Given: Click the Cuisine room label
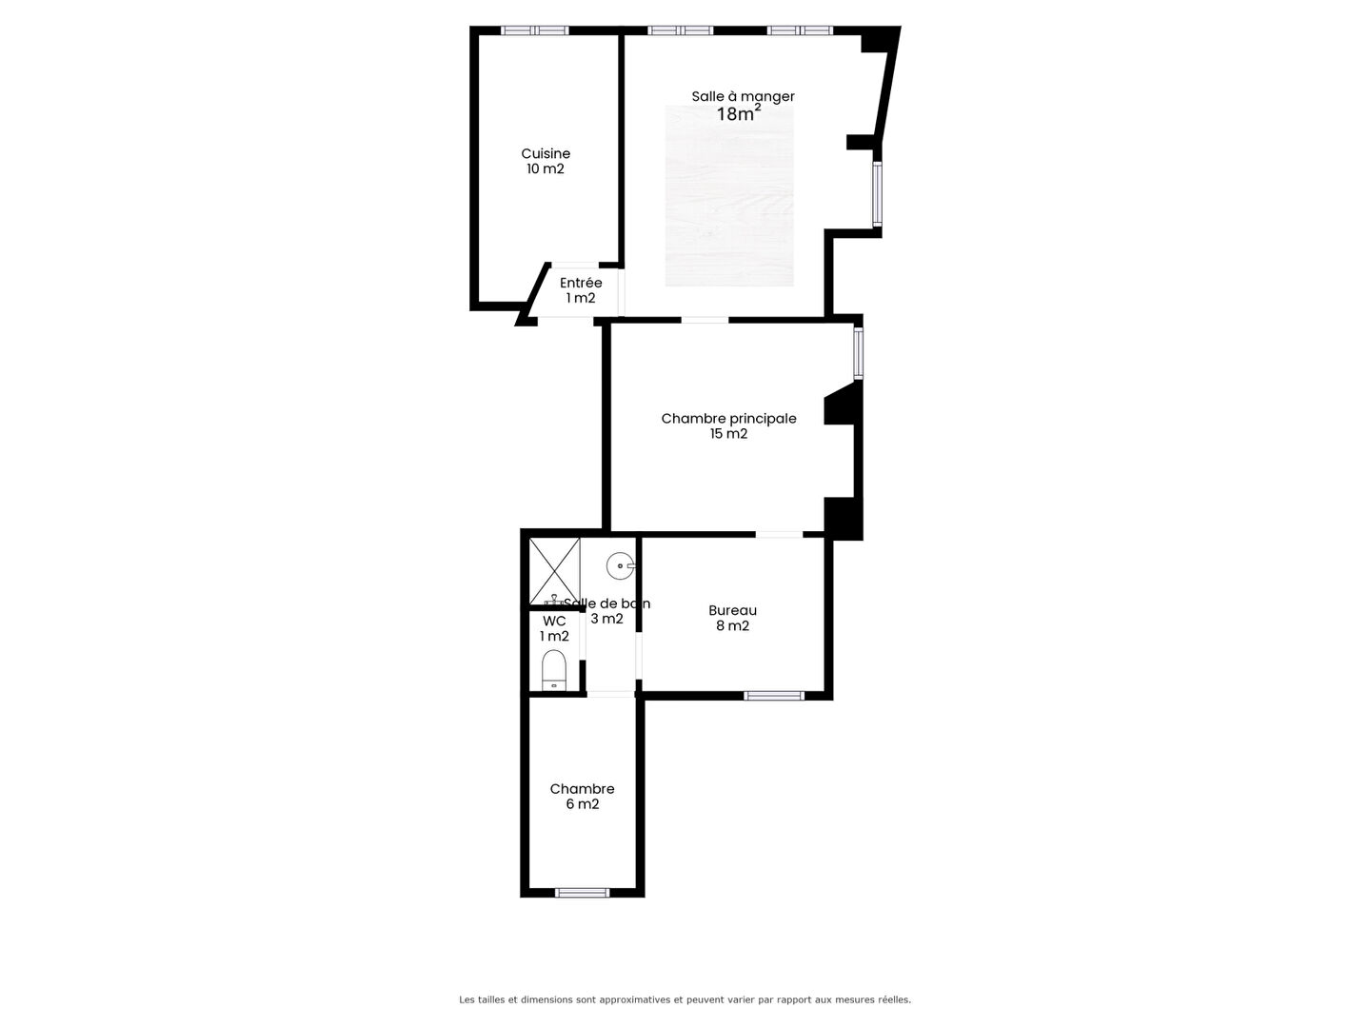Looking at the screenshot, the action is (546, 153).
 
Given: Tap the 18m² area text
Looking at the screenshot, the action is (739, 113).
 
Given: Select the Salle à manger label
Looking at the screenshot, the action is (743, 97).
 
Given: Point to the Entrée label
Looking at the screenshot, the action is (581, 283).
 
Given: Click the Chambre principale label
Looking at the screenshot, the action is (729, 419).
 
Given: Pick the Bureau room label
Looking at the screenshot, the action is (733, 610).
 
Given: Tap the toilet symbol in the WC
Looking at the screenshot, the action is (553, 669).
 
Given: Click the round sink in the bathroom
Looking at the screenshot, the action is (620, 566).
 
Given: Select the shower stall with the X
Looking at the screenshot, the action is (555, 571).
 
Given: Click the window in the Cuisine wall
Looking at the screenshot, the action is (535, 30).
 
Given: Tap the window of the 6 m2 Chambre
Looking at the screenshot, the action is (582, 893).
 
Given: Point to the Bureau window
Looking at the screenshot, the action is (774, 695).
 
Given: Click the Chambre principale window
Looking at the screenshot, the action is (858, 353).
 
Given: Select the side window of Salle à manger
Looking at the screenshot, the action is (877, 193).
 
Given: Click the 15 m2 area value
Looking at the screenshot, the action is (728, 434).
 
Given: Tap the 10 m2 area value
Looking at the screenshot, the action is (546, 169).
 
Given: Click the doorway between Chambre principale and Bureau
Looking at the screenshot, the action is (779, 534).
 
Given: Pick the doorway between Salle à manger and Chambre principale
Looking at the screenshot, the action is (705, 320).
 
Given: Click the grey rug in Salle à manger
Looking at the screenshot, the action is (729, 196).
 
